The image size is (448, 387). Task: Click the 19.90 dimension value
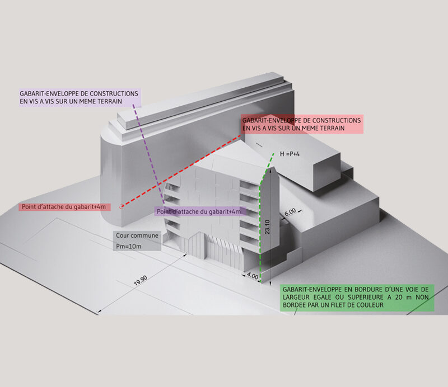point(141,281)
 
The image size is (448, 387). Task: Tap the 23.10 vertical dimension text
point(267,227)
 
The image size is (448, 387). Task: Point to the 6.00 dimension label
point(290,213)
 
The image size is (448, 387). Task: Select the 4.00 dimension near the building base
point(253,276)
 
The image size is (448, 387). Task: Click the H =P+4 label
point(290,154)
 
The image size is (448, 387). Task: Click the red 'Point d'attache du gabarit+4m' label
point(64,207)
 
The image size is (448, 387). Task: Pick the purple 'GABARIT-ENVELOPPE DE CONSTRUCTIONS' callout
point(80,97)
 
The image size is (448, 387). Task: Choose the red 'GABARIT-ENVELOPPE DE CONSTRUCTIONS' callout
point(302,124)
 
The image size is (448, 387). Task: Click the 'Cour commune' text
point(137,235)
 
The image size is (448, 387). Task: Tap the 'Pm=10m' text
point(129,246)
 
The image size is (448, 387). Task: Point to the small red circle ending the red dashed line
point(122,206)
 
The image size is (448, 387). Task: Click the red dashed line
point(181,171)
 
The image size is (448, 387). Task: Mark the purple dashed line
point(149,154)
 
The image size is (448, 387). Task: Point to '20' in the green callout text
point(399,297)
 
